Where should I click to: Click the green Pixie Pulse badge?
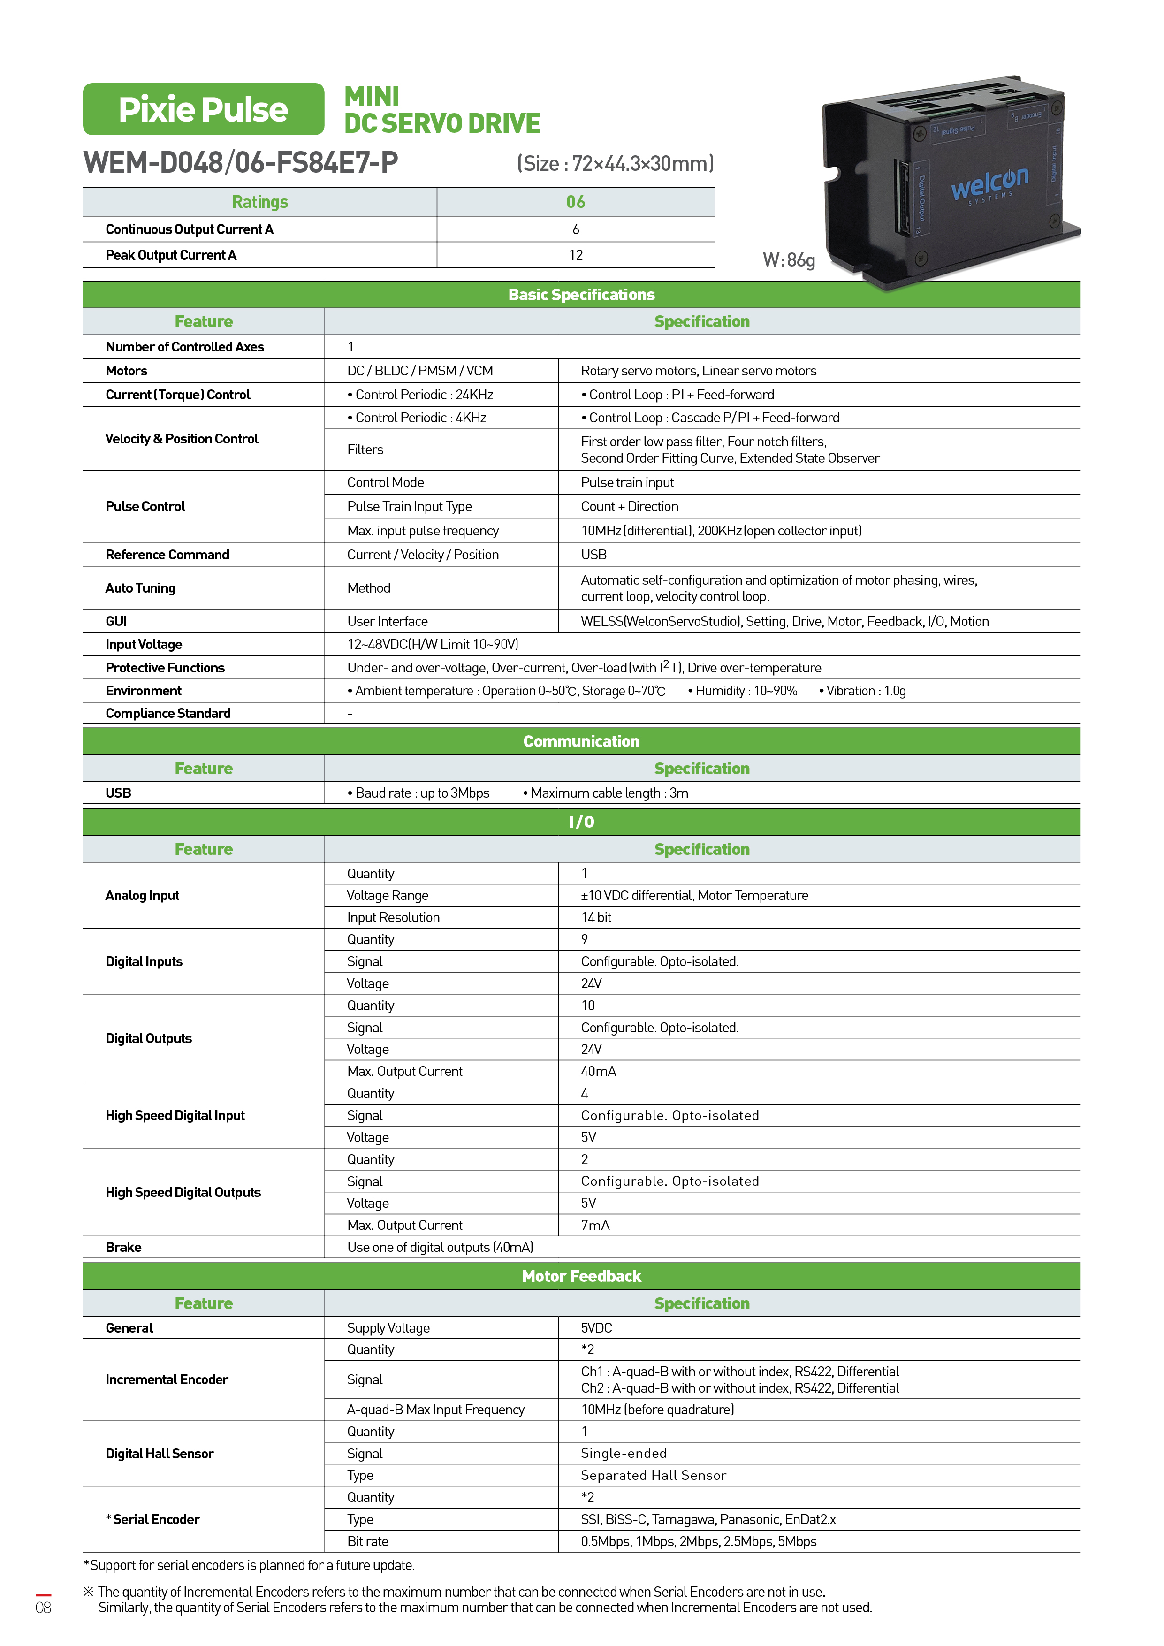point(204,109)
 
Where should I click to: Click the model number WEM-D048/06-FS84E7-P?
point(241,163)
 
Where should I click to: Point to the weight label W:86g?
point(788,260)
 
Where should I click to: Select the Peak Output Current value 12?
point(576,255)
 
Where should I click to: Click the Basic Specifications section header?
point(581,295)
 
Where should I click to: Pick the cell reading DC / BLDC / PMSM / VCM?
point(420,371)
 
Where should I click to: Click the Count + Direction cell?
point(629,506)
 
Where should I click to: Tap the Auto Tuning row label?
point(140,588)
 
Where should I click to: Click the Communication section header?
point(581,741)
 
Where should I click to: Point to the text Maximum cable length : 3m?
point(609,793)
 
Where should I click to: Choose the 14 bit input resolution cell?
point(596,917)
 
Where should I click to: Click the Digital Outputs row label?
point(148,1038)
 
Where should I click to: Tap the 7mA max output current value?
point(595,1225)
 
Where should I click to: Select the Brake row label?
point(123,1248)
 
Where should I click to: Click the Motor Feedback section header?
point(581,1276)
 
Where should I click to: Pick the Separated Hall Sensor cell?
point(654,1475)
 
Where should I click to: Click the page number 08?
point(43,1607)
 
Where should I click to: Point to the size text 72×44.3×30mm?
point(616,163)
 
